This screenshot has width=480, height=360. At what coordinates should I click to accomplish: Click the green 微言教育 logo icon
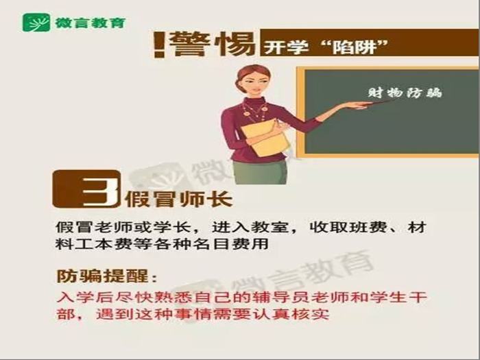36,23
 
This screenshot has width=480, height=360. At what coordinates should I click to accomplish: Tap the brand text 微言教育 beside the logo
91,23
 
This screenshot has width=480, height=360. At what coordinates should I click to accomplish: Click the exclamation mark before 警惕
159,45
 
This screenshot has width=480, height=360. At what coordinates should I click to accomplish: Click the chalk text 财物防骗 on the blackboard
405,93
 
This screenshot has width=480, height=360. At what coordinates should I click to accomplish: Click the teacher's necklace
254,112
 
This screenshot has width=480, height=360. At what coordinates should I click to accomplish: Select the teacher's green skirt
260,172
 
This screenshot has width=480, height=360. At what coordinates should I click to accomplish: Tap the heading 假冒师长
178,200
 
